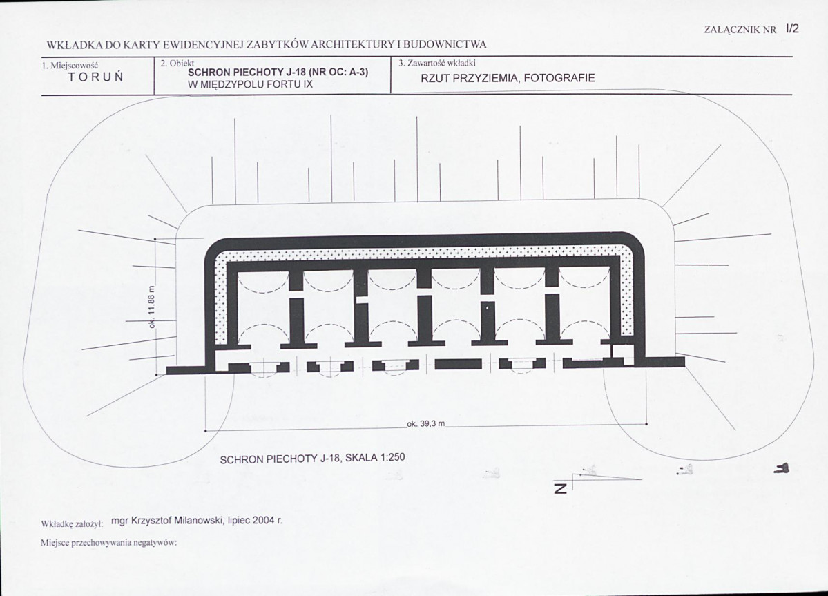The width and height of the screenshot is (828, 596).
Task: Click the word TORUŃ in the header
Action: [x=95, y=77]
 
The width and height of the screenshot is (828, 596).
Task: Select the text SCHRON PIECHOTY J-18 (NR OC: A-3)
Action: [x=278, y=73]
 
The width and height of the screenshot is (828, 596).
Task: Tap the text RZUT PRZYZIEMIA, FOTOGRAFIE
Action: [x=508, y=78]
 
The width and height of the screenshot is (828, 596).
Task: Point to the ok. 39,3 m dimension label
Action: [x=426, y=424]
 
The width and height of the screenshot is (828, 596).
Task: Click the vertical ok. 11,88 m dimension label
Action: [x=152, y=307]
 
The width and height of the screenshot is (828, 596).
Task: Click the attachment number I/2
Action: [x=792, y=29]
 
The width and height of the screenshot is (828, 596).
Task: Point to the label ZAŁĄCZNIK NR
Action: [x=740, y=30]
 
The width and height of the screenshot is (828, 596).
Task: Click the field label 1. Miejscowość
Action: [x=70, y=66]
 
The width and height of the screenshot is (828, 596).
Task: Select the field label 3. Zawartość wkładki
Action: [x=437, y=64]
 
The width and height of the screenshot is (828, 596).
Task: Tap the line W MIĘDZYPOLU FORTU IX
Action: [x=250, y=84]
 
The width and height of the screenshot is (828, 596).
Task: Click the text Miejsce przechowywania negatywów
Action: [x=108, y=543]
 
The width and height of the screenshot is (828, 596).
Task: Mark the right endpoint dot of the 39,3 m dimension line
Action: [x=647, y=424]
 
